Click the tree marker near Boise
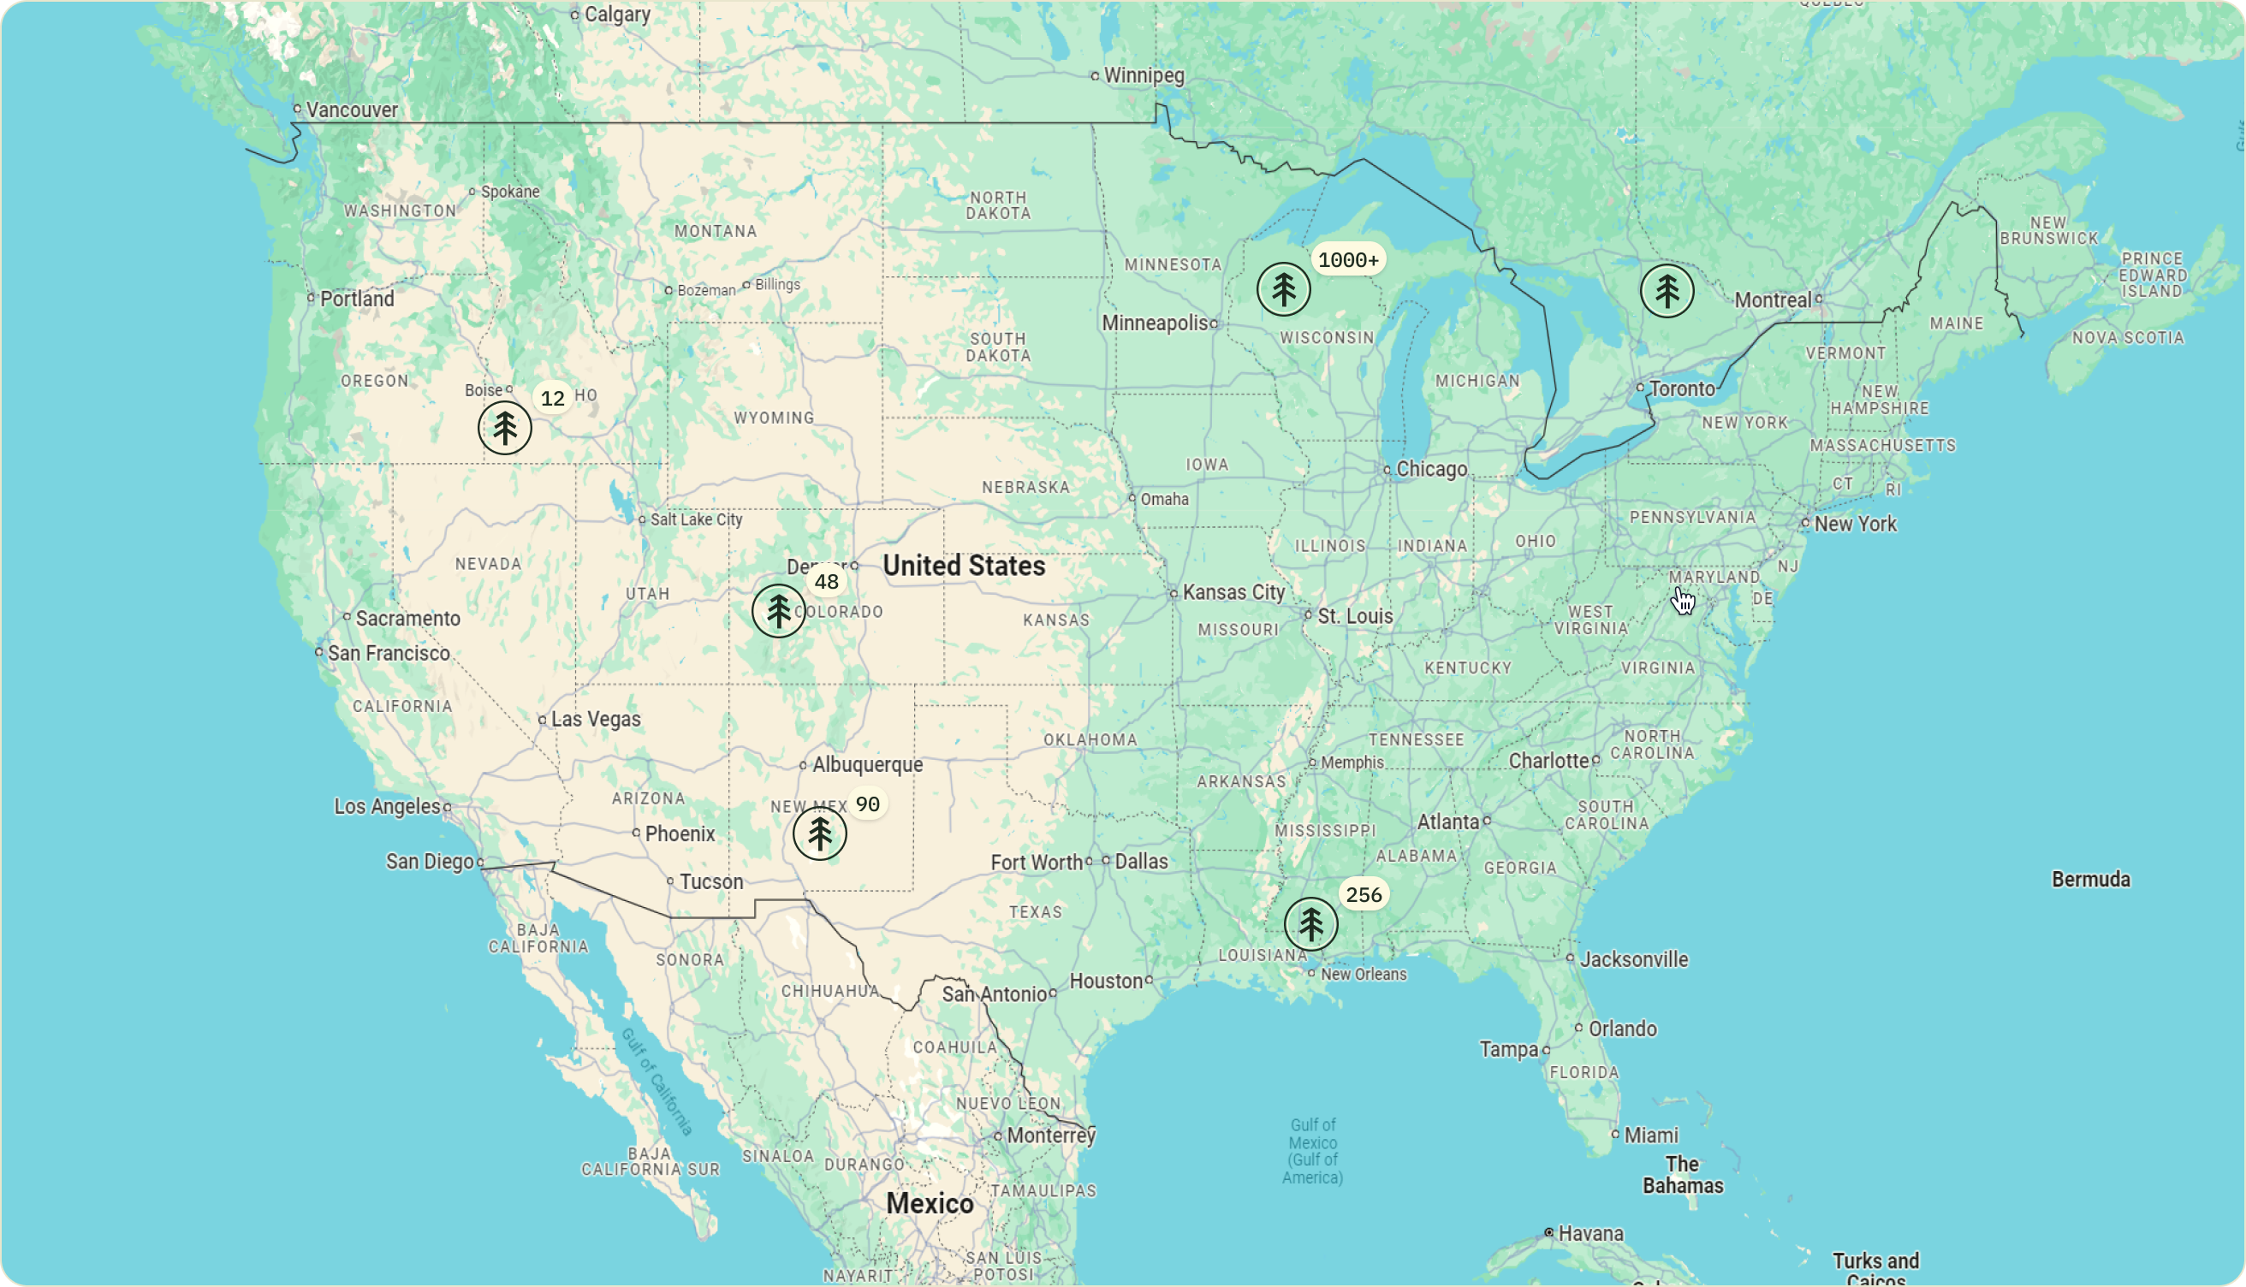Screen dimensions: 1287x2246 tap(505, 428)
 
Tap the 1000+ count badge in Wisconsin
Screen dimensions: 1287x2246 tap(1347, 260)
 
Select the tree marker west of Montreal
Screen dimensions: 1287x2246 tap(1667, 291)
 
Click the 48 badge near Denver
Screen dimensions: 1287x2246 tap(826, 582)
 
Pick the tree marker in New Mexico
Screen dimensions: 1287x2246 tap(819, 833)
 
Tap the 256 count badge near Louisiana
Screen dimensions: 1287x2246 tap(1363, 895)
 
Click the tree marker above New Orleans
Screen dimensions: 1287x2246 tap(1310, 924)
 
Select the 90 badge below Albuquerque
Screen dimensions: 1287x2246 tap(867, 804)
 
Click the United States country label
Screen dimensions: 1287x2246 tap(964, 566)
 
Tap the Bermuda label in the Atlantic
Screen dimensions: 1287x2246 tap(2090, 880)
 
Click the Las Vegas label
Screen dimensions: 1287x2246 tap(595, 720)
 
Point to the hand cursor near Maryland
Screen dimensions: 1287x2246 tap(1682, 601)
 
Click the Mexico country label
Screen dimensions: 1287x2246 tap(929, 1204)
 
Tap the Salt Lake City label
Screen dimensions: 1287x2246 tap(696, 519)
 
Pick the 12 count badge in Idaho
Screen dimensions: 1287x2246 tap(552, 399)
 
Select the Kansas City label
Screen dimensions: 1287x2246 tap(1233, 592)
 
